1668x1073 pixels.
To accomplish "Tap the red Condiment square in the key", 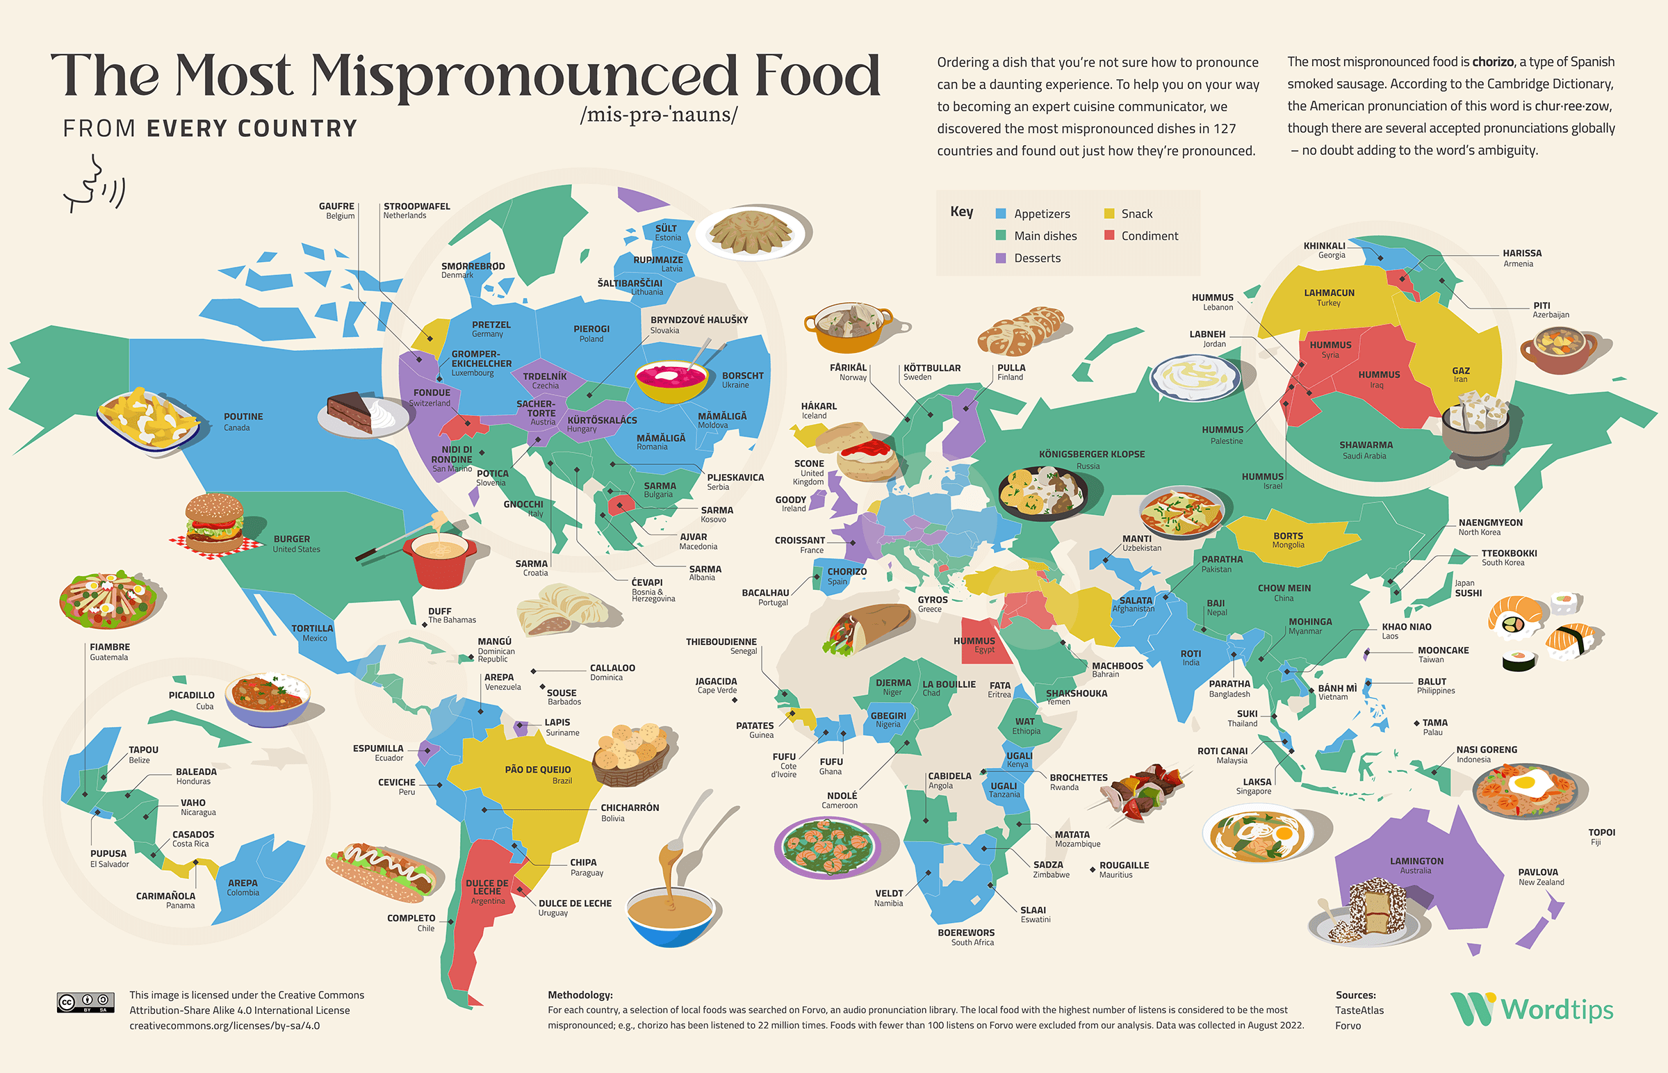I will tap(1109, 236).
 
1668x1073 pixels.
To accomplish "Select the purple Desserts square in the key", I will tap(1001, 258).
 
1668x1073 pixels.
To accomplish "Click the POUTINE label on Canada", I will tap(243, 417).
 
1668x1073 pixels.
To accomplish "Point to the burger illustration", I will tap(215, 523).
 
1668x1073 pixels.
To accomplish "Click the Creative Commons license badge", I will tap(85, 1003).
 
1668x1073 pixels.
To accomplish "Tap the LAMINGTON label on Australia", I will tap(1416, 861).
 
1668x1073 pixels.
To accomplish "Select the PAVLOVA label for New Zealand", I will tap(1538, 872).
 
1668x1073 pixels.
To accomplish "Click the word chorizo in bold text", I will tap(1492, 62).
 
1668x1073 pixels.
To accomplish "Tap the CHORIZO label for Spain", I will tap(847, 571).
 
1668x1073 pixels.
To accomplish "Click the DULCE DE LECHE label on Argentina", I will tap(487, 887).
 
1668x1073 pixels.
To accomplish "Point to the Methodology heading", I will tap(580, 995).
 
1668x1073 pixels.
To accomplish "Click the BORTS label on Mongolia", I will tap(1288, 536).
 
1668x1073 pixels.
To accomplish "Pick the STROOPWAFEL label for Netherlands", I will tap(416, 206).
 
